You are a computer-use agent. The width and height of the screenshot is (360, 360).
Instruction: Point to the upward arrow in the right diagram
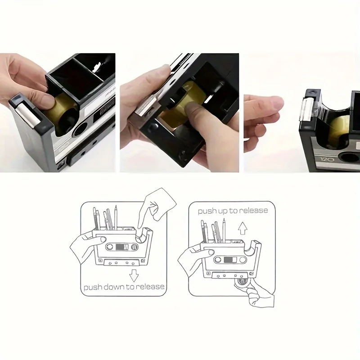243,228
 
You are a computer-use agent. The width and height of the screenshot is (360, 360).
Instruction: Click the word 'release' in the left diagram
148,287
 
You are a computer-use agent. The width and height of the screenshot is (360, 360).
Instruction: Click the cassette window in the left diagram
121,247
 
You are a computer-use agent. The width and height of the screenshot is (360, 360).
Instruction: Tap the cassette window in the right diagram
229,260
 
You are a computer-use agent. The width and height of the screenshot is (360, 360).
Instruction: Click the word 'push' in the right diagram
207,211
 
